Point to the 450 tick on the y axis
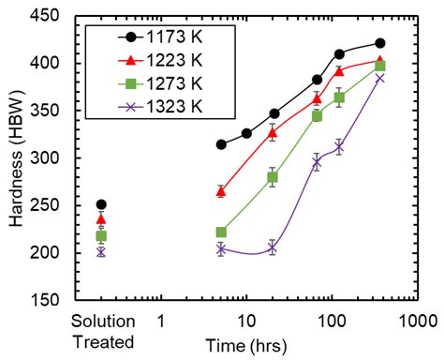click(x=44, y=16)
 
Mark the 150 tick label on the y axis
click(x=44, y=300)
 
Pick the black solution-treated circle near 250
click(x=101, y=204)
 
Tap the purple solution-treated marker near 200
click(x=101, y=251)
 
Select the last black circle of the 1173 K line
click(x=380, y=43)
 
